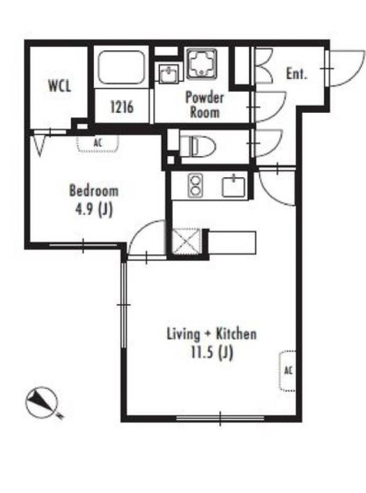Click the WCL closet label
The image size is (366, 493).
59,86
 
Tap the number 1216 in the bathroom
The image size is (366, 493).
122,107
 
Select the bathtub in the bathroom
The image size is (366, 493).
121,67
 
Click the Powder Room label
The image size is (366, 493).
205,104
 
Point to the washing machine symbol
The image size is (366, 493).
202,64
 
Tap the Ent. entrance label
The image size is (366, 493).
296,74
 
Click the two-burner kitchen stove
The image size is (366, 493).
195,186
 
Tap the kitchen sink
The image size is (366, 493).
234,187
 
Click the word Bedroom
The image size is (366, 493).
94,191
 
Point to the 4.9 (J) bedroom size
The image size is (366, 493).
94,209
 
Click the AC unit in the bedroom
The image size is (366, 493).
98,144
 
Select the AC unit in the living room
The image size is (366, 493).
287,371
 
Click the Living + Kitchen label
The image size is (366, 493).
211,334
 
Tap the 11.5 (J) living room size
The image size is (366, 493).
212,352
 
